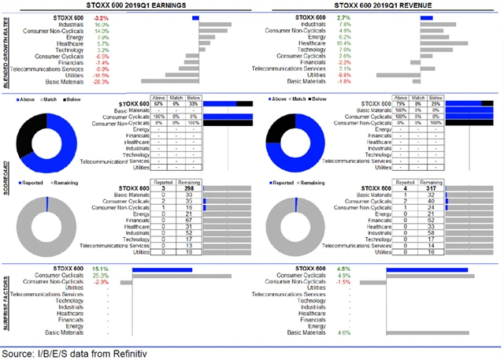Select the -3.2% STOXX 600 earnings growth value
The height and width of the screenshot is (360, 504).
101,17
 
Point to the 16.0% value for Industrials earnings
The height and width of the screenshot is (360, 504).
101,24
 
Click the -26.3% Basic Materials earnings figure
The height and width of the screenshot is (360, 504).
100,81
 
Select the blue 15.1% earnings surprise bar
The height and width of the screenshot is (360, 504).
163,269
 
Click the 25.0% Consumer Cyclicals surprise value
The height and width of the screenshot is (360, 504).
100,275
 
